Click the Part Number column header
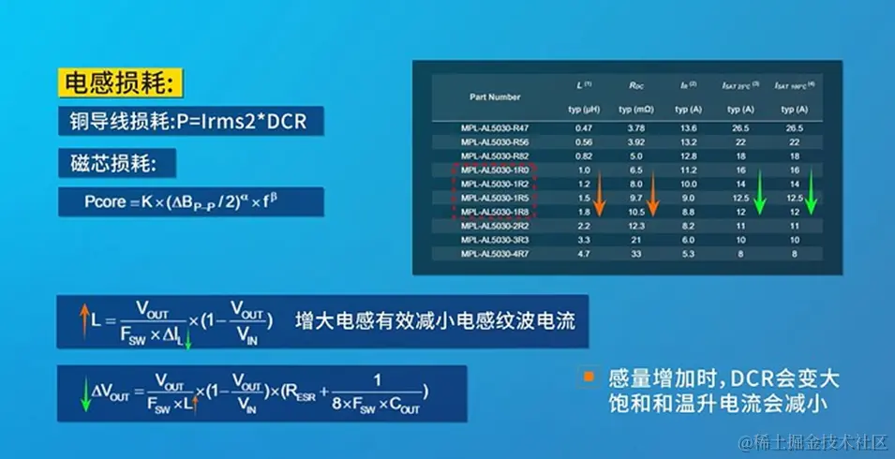(495, 96)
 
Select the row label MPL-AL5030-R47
(494, 127)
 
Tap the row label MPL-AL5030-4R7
(494, 252)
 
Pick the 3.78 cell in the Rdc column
(635, 127)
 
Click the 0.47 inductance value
(584, 127)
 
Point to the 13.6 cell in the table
(688, 127)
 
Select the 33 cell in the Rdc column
(635, 252)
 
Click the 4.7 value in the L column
(584, 252)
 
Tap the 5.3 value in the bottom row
(688, 252)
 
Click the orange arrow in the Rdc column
(653, 197)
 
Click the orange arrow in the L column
(601, 197)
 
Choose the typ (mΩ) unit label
(635, 110)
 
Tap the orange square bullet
(588, 377)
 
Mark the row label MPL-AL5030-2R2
(494, 226)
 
